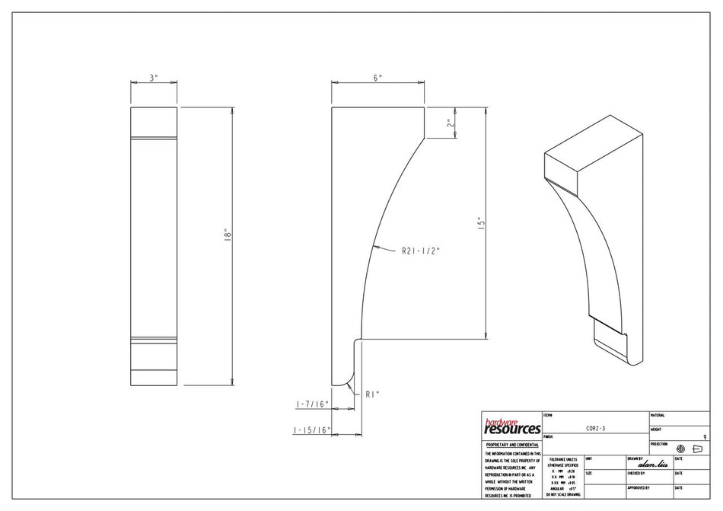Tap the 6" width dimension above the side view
point(377,78)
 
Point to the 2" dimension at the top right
point(450,123)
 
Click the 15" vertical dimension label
point(480,224)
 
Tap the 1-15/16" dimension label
point(311,430)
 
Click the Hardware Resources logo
point(512,426)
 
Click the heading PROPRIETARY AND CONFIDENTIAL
point(512,445)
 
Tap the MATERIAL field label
point(658,415)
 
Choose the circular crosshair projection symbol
point(680,449)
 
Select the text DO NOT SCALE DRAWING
point(563,495)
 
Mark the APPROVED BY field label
point(639,487)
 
